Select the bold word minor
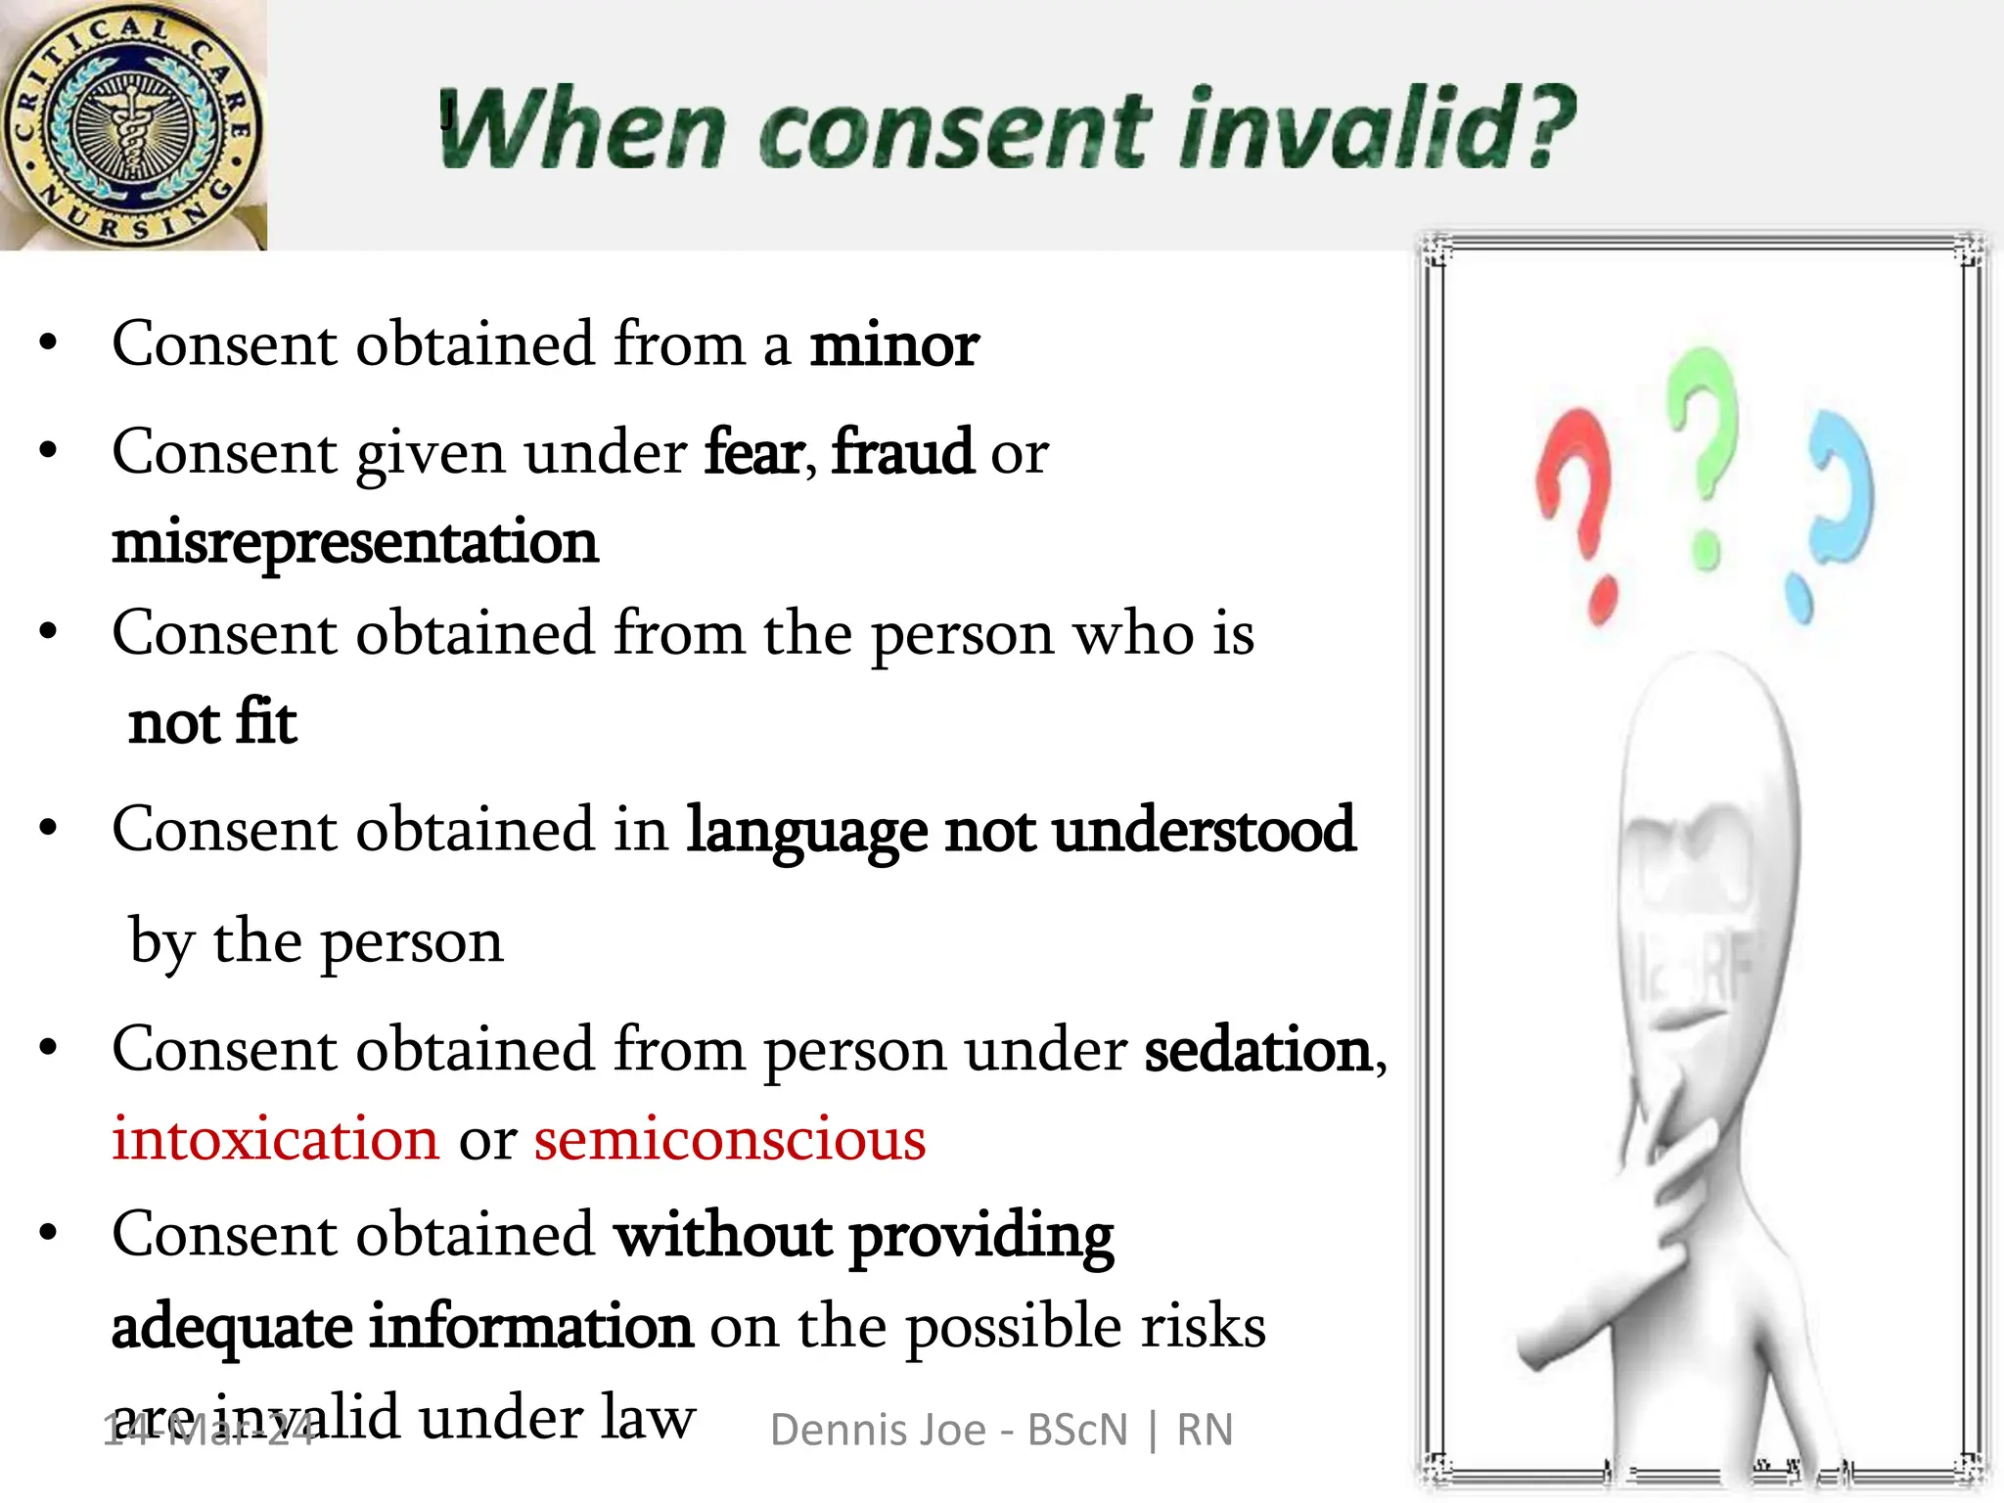point(893,345)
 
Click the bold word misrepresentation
point(354,543)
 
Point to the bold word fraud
point(902,453)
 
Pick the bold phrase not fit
point(212,724)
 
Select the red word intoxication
point(276,1140)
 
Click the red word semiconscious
point(730,1140)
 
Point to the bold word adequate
point(232,1328)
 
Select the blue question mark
point(1830,509)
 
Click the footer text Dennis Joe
point(878,1431)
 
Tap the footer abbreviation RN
point(1205,1431)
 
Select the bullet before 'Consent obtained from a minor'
point(48,345)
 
